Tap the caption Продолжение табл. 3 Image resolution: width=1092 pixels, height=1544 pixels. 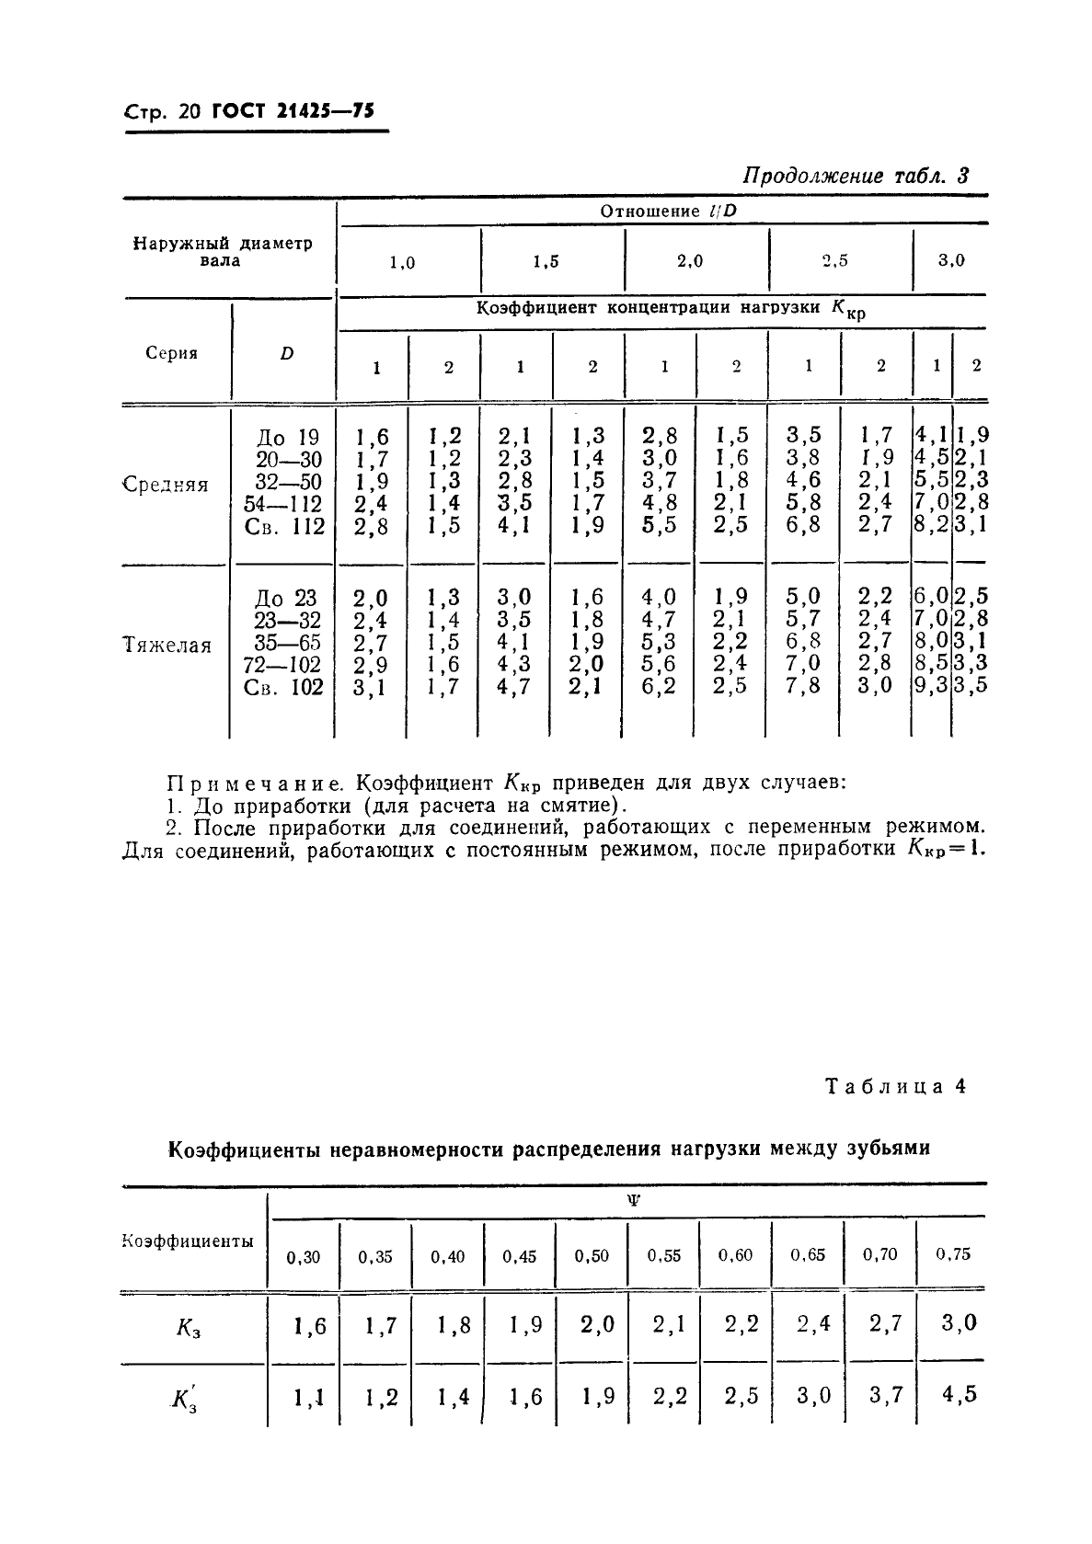tap(856, 176)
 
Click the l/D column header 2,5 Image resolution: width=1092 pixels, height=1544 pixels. tap(834, 260)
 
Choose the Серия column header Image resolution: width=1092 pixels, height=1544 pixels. tap(172, 353)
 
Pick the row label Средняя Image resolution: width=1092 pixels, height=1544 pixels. tap(167, 485)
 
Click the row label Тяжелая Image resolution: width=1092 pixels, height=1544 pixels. tap(167, 645)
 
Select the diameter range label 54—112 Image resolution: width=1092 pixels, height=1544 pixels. tap(283, 503)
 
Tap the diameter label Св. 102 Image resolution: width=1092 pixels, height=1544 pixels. tap(284, 687)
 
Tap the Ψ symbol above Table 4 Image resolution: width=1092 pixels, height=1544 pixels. tap(633, 1200)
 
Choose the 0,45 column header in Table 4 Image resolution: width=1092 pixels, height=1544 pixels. tap(520, 1256)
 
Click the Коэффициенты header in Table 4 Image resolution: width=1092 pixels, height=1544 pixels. tap(188, 1241)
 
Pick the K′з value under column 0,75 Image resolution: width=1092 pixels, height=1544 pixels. tap(958, 1393)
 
